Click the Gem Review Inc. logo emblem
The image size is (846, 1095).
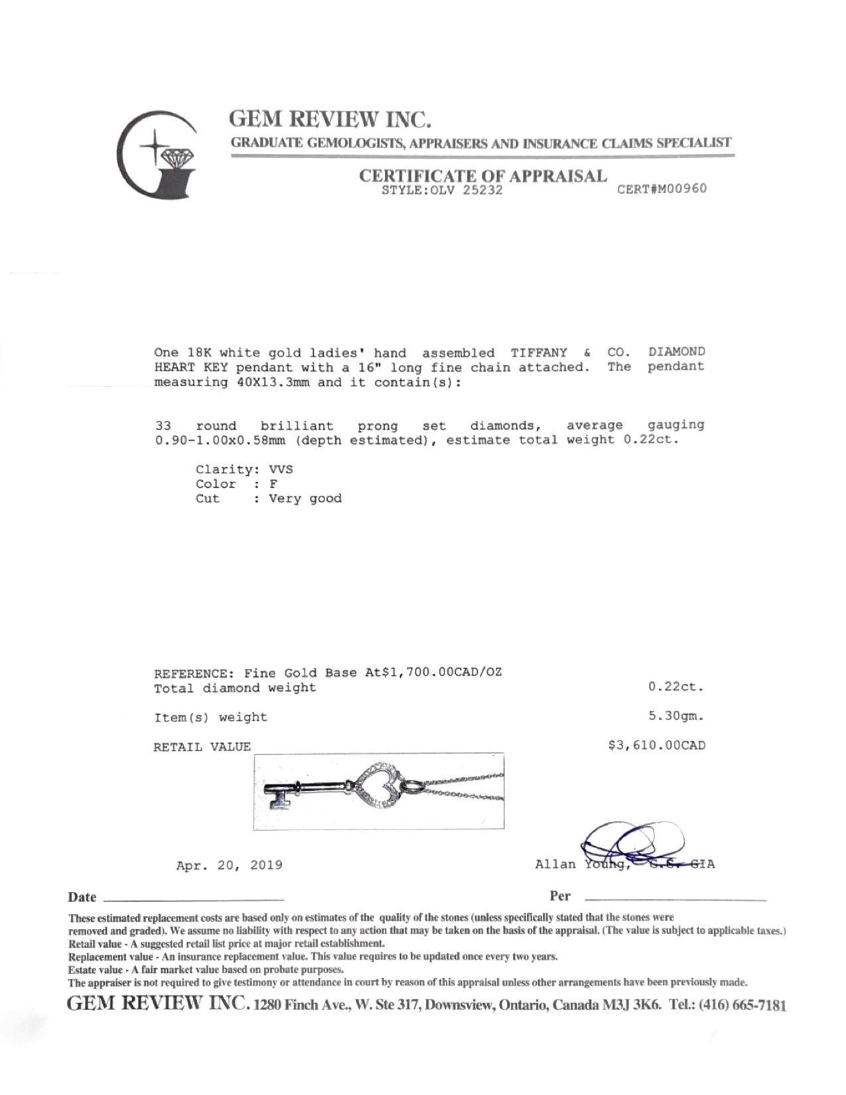157,155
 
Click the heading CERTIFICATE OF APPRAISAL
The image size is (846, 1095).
482,176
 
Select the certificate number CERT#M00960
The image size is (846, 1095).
662,188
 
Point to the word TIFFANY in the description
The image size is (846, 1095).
539,352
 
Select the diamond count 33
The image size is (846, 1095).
163,425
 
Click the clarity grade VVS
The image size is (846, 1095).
281,469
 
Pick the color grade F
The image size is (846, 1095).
273,484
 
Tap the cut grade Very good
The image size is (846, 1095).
305,498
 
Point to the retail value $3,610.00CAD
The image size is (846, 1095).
657,745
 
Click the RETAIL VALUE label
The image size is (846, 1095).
202,747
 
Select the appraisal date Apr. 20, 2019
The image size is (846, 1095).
230,865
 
